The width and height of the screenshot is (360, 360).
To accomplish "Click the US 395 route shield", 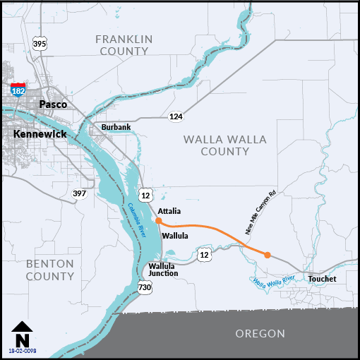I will [x=40, y=44].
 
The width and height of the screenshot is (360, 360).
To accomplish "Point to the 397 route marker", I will [x=78, y=193].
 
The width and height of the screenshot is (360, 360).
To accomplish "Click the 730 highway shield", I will [x=145, y=287].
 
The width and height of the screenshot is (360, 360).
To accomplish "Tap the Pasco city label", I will [x=53, y=104].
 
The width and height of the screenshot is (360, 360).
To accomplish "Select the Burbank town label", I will [x=116, y=127].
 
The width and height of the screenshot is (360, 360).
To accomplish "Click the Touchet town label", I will [x=322, y=280].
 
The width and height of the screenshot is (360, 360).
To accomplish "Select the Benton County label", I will [x=49, y=270].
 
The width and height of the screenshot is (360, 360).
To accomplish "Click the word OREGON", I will [x=262, y=334].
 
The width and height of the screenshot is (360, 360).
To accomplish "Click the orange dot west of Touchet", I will [x=268, y=255].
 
